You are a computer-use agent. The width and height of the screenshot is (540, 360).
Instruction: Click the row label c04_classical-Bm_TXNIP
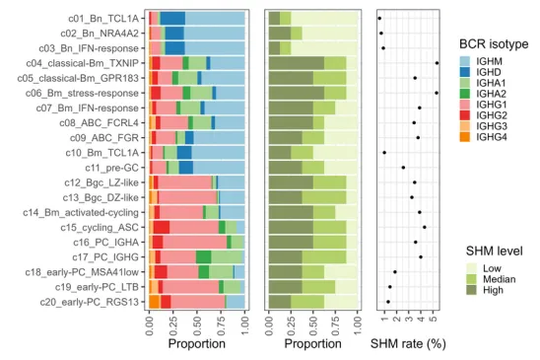pos(83,63)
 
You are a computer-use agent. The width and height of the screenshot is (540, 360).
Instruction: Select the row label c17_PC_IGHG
pos(105,257)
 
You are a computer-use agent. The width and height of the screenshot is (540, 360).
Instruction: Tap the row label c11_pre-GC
pos(112,168)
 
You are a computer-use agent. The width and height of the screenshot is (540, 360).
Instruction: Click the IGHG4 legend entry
pos(483,137)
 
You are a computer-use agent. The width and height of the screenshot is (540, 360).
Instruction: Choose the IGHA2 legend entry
pos(483,94)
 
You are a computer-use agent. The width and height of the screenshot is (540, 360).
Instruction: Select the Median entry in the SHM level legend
pos(491,279)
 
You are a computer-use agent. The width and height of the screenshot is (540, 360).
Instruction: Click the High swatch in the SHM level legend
pos(471,290)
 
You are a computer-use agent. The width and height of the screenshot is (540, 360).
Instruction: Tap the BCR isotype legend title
pos(494,44)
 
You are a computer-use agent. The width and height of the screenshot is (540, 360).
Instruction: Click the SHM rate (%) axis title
pos(408,344)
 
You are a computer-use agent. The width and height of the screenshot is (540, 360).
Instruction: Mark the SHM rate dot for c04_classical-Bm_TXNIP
pos(438,63)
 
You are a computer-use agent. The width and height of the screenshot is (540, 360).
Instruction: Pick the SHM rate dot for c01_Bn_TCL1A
pos(379,19)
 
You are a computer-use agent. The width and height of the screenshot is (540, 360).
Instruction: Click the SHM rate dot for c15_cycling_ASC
pos(425,227)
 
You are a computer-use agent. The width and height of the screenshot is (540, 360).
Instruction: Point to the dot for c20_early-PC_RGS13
pos(388,302)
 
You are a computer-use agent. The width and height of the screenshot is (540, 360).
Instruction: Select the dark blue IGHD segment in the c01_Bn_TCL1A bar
pos(172,19)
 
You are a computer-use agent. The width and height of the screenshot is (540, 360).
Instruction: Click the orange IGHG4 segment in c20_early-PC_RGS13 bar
pos(154,302)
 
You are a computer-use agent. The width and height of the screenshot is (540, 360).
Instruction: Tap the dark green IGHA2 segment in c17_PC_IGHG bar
pos(204,257)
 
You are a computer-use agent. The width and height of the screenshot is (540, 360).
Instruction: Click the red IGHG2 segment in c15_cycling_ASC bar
pos(162,228)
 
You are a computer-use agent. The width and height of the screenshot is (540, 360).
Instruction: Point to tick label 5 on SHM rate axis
pos(434,318)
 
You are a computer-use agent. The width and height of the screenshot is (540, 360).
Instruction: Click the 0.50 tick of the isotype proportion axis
pos(197,324)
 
